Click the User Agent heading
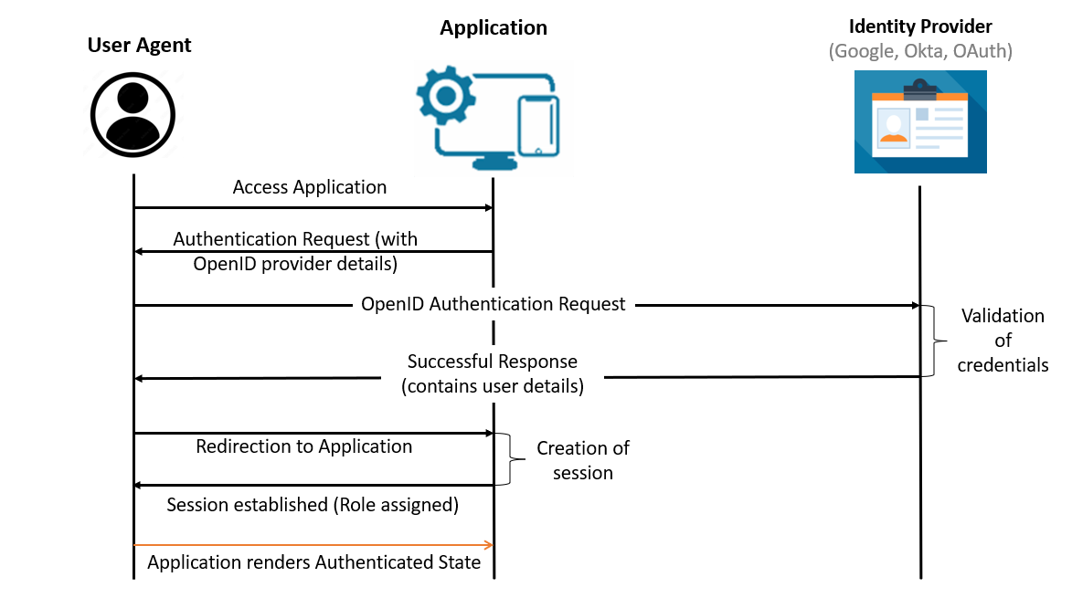(139, 45)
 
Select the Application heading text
(494, 27)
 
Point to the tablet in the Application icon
(538, 125)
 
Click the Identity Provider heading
(920, 26)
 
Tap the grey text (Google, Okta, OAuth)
(920, 51)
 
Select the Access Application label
(310, 187)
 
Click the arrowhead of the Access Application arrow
(489, 208)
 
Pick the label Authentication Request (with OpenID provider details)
(295, 251)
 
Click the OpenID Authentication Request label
(494, 304)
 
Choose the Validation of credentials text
(1003, 341)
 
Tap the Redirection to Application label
(304, 446)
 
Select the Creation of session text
(583, 460)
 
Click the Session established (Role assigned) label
(313, 504)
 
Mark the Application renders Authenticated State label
(313, 562)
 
